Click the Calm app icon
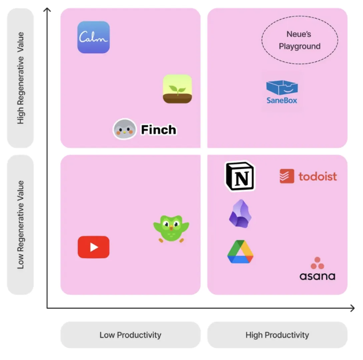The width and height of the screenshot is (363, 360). (93, 37)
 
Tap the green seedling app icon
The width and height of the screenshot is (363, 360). (177, 89)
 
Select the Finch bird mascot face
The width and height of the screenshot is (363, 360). (124, 129)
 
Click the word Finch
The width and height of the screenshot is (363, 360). (158, 130)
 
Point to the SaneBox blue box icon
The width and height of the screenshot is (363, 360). (282, 88)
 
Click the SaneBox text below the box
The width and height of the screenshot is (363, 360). (282, 100)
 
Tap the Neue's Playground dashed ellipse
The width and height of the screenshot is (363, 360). (300, 40)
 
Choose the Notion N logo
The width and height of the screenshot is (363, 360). (240, 177)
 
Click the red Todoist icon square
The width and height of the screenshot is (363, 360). (287, 176)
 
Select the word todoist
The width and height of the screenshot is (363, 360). (318, 176)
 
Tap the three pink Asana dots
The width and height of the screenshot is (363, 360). (317, 263)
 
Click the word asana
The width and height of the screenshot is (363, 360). (317, 276)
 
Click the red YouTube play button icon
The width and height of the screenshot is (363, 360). (93, 247)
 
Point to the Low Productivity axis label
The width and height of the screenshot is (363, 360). (130, 335)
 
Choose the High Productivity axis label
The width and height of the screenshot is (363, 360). (277, 335)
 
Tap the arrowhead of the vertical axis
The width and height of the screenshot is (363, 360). (47, 10)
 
